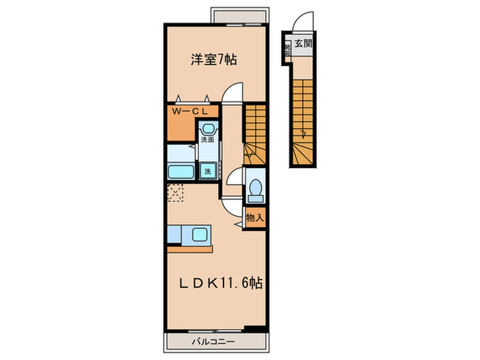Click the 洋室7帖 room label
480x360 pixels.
click(x=214, y=60)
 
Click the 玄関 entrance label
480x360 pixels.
click(x=303, y=45)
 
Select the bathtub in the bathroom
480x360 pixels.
click(x=182, y=171)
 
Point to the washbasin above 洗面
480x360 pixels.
click(x=207, y=128)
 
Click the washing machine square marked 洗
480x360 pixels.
click(x=207, y=171)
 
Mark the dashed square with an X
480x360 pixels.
click(x=176, y=193)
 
